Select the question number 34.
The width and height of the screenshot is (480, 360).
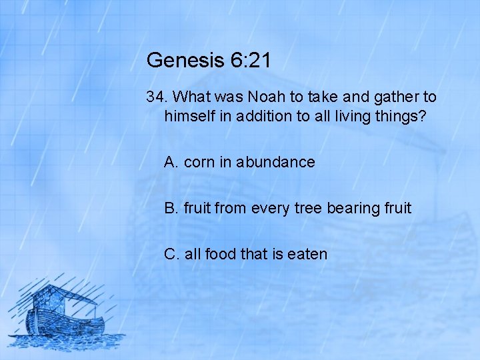157,97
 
